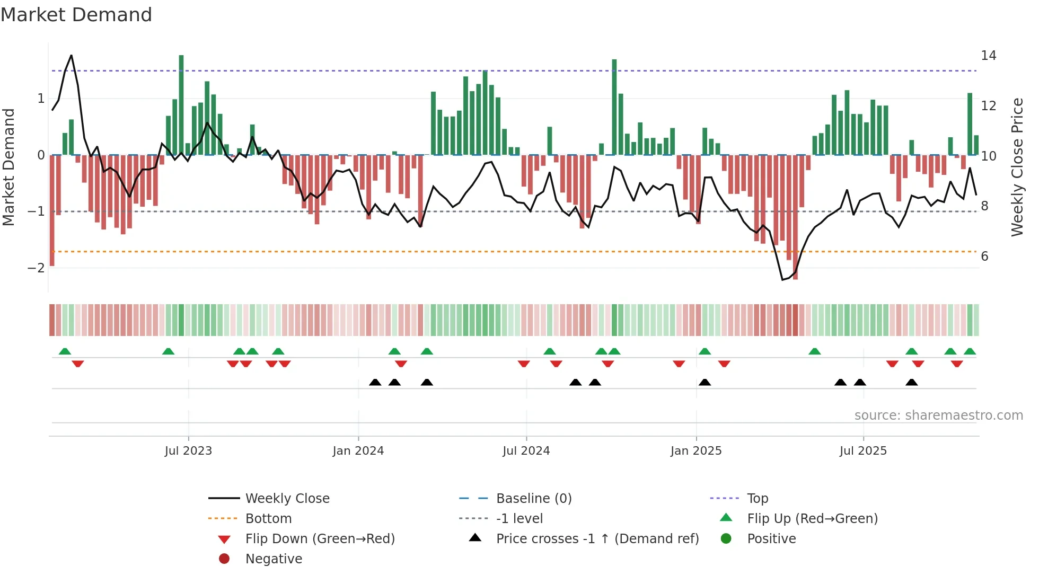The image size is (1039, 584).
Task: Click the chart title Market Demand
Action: coord(76,15)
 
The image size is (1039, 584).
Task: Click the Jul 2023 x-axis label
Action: coord(188,451)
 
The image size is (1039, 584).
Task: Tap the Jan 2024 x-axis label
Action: coord(358,451)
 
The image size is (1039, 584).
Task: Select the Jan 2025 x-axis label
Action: coord(695,451)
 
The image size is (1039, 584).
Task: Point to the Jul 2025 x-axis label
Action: coord(863,451)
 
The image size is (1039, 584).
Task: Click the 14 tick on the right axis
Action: coord(988,56)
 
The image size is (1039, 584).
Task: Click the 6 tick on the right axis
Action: coord(984,256)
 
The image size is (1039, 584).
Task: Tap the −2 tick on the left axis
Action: coord(36,268)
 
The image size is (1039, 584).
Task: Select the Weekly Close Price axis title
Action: coord(1017,167)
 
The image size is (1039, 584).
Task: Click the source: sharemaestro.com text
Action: coord(938,415)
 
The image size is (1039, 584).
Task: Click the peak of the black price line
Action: coord(71,55)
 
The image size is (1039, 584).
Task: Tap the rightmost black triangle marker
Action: coord(911,382)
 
